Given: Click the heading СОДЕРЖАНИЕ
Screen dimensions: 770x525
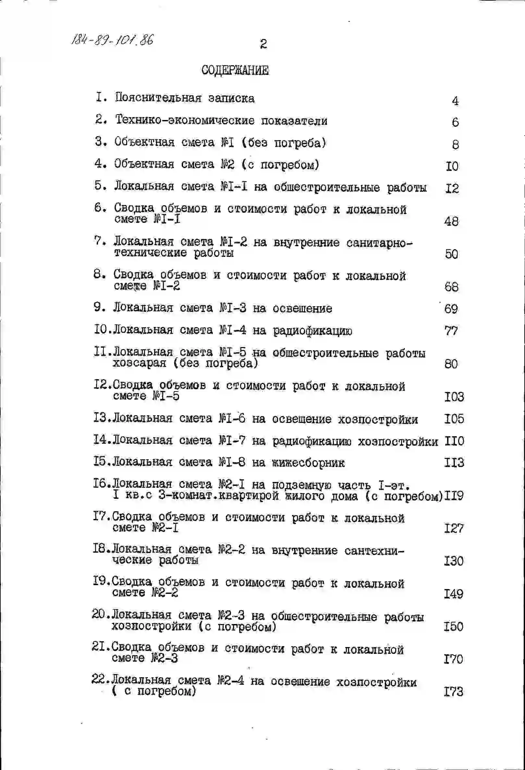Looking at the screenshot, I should pos(235,70).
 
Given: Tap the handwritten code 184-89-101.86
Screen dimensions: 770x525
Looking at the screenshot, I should pos(113,40).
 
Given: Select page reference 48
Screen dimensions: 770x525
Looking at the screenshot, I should pos(451,221).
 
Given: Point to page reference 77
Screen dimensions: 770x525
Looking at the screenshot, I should pos(451,331).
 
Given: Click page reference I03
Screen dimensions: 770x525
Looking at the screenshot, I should pos(454,397).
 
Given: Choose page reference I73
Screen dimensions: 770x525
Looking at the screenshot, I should pos(453,692).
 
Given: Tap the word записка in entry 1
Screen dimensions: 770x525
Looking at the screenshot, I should pos(231,98).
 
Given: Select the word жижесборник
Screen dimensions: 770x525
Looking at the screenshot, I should pos(308,463).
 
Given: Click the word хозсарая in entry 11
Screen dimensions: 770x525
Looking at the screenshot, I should pos(139,364).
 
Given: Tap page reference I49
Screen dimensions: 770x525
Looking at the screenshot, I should pos(453,594).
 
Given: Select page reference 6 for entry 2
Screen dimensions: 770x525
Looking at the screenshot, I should pos(455,122).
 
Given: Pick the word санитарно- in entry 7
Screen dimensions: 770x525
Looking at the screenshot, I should pos(380,243).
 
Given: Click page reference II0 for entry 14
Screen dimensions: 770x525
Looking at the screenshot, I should pos(454,441).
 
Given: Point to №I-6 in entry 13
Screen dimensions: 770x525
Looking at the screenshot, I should pos(232,418).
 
